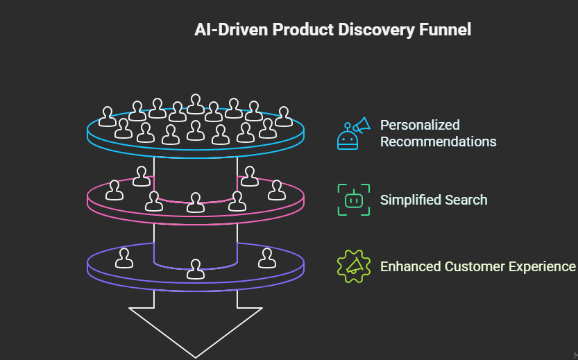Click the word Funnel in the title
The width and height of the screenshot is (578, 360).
[446, 30]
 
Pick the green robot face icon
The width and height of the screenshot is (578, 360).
[353, 200]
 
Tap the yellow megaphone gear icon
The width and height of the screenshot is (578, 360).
[353, 266]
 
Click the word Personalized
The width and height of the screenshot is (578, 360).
[420, 126]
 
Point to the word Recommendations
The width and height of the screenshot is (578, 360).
[438, 142]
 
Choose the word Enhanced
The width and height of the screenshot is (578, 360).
[410, 266]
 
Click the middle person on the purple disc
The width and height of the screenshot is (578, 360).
[196, 269]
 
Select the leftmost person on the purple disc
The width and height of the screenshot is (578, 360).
[125, 258]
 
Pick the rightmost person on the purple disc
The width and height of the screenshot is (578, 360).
[266, 258]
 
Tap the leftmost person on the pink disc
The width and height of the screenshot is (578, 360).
[114, 190]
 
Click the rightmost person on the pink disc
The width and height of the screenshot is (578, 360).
[276, 190]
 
